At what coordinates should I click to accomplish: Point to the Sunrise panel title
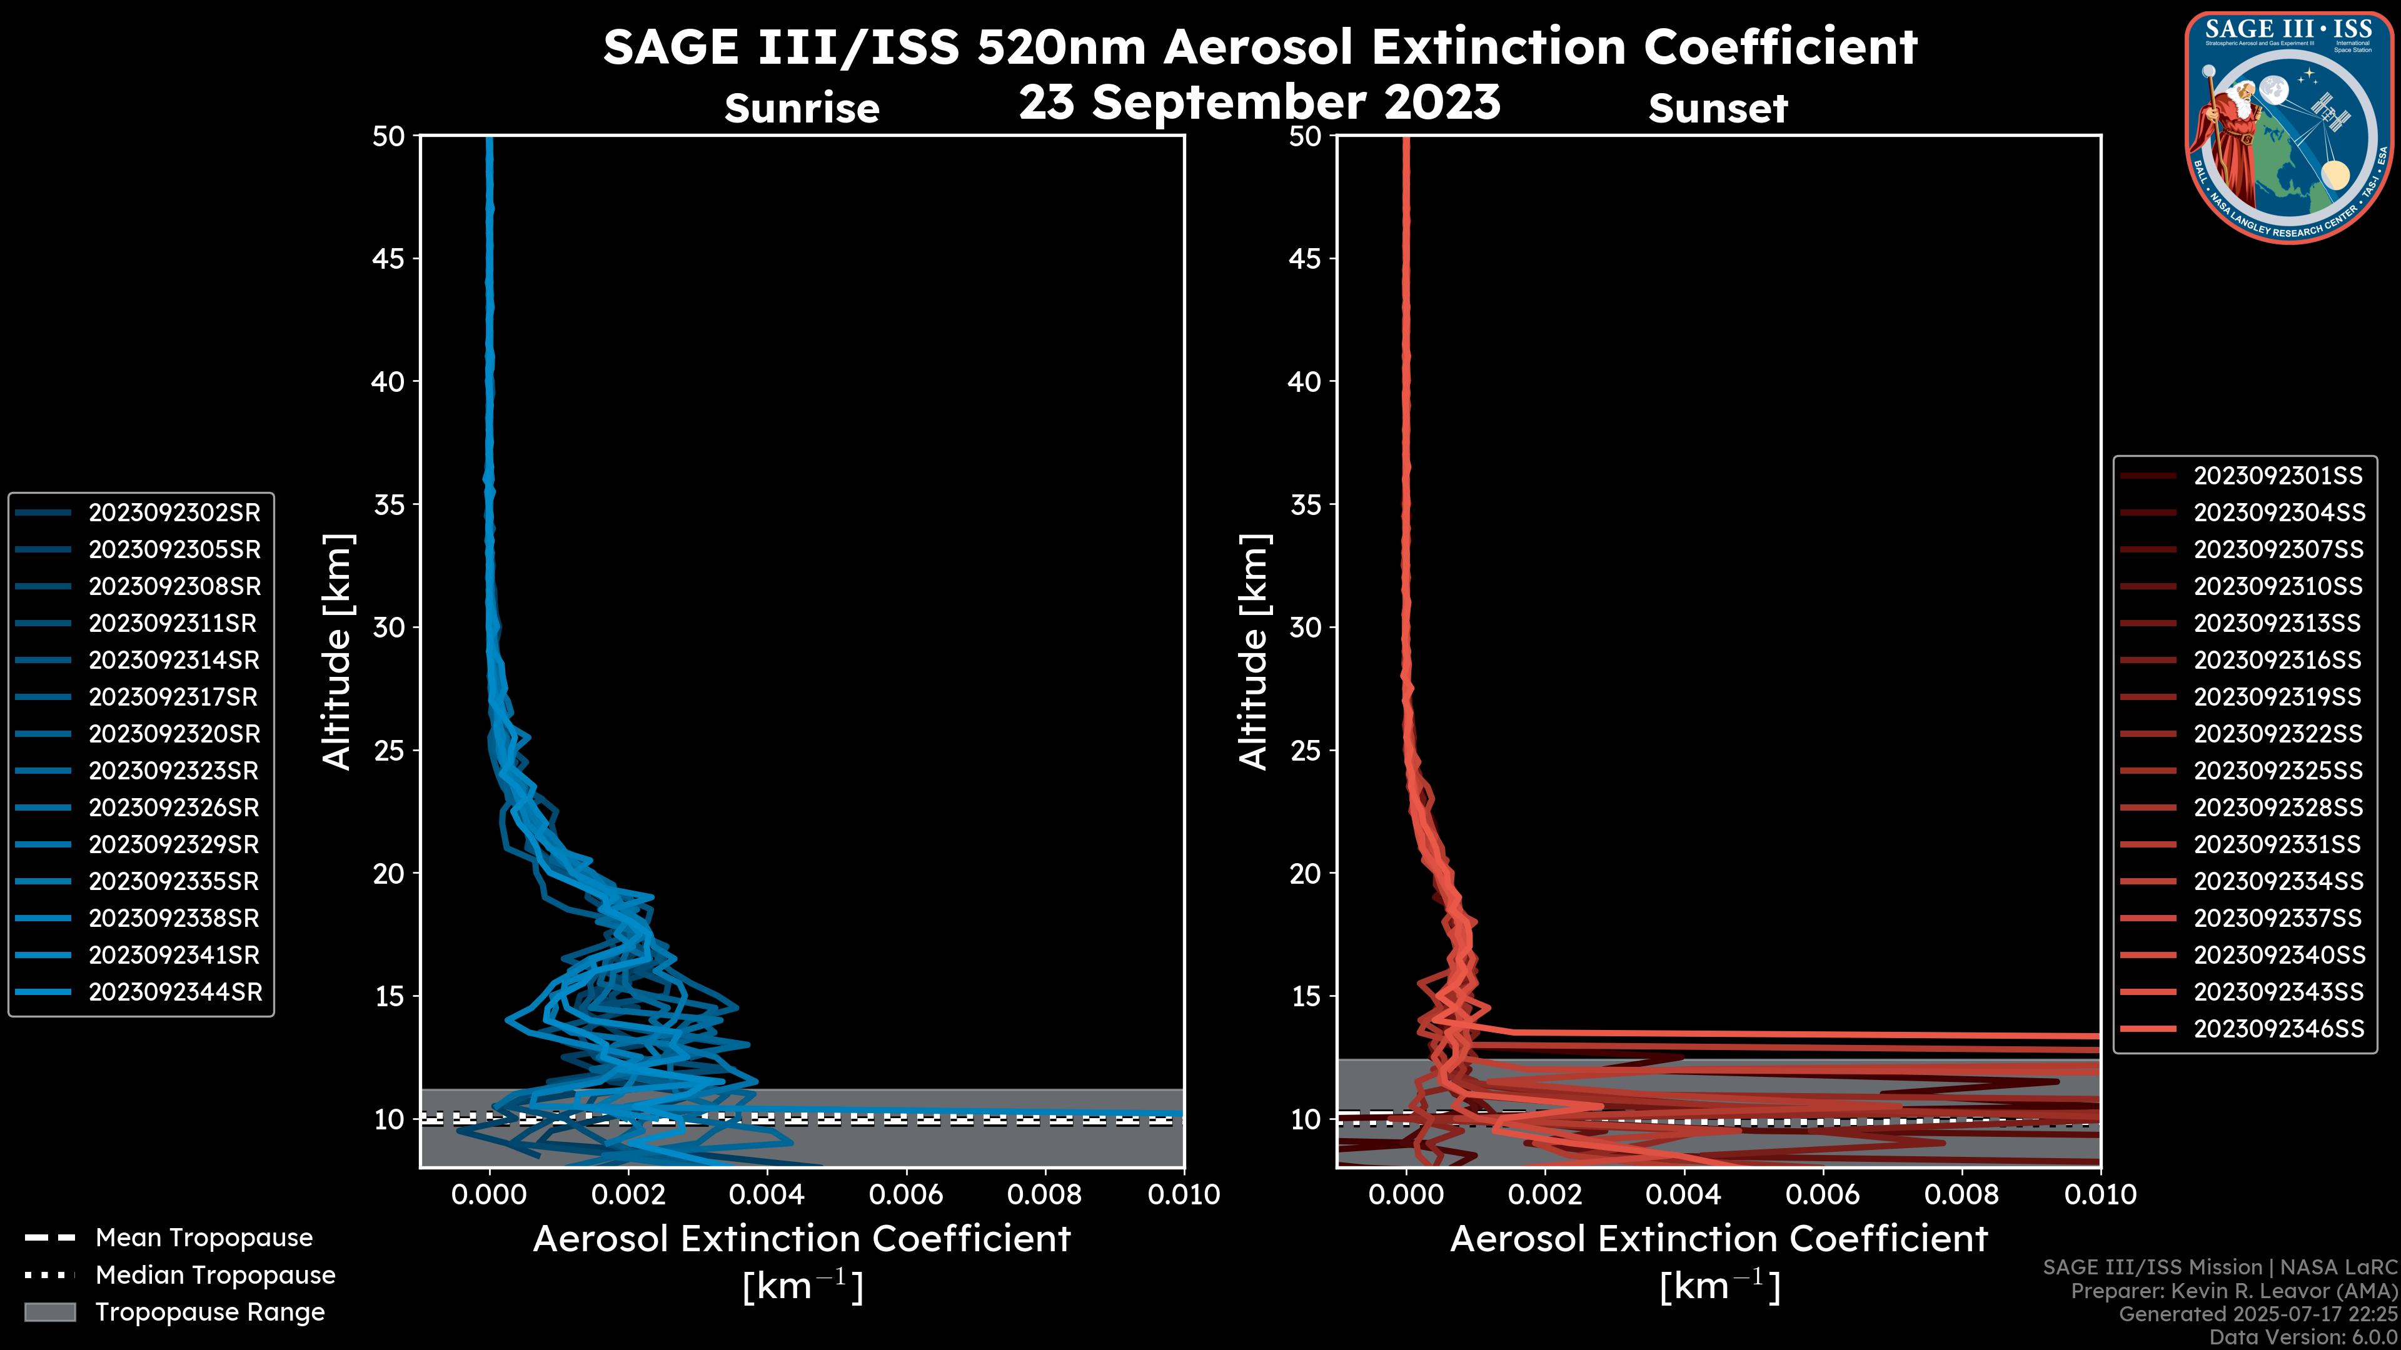(x=802, y=108)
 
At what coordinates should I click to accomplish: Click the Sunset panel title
(x=1718, y=108)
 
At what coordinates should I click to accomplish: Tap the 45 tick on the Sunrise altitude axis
(x=389, y=258)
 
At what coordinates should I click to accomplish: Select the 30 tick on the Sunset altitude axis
(x=1305, y=627)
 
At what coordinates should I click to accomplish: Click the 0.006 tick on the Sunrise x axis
(x=906, y=1194)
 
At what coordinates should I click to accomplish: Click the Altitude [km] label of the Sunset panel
(x=1254, y=651)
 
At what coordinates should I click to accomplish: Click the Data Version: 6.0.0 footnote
(x=2302, y=1337)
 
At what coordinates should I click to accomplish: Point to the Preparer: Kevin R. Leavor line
(x=2233, y=1291)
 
